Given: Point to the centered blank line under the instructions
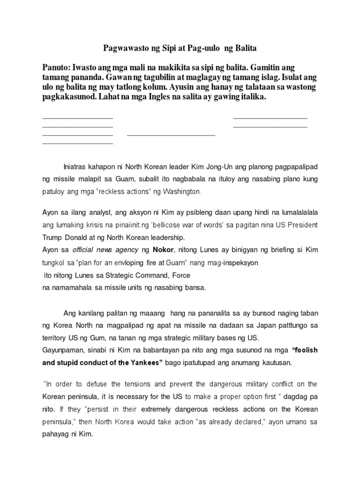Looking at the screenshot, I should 171,135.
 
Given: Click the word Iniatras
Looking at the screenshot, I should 76,167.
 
